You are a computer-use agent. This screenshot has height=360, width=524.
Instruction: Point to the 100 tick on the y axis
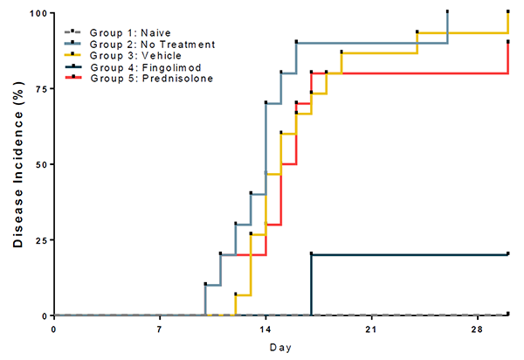38,13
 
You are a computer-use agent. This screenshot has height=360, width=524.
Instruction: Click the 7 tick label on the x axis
160,330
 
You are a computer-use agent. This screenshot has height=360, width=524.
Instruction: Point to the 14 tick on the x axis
265,330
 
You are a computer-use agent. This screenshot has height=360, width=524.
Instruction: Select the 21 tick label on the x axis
371,330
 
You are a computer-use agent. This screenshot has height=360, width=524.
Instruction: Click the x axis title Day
280,348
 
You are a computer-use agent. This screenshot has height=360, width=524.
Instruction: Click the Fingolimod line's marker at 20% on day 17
312,254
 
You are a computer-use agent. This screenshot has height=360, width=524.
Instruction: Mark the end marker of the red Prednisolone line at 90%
508,42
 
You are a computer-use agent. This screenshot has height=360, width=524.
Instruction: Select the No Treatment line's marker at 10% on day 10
205,284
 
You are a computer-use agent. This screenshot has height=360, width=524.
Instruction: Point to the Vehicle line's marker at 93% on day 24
417,31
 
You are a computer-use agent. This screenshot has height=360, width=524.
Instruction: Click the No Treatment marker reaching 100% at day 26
447,12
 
